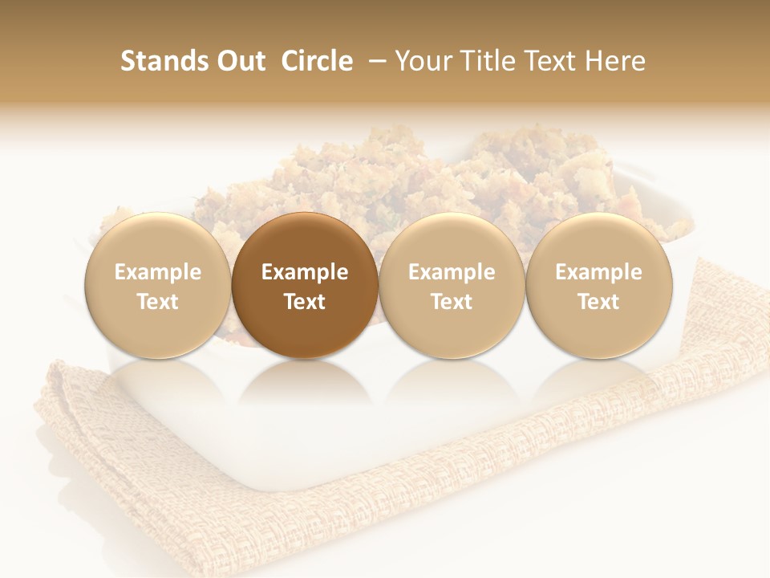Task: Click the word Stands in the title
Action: tap(158, 61)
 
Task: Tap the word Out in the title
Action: tap(238, 61)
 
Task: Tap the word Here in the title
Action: tap(616, 61)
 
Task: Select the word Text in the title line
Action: tap(556, 61)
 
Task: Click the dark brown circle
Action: tap(305, 286)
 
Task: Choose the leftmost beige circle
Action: tap(158, 286)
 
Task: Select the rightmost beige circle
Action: tap(598, 286)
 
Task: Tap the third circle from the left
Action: tap(452, 286)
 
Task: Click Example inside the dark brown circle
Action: tap(305, 272)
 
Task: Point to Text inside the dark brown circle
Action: tap(305, 302)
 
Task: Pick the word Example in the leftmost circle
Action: tap(158, 272)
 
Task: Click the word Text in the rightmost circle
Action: tap(598, 302)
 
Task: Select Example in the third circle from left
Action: tap(452, 272)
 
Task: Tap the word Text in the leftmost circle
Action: tap(158, 302)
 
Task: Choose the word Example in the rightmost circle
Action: tap(598, 272)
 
